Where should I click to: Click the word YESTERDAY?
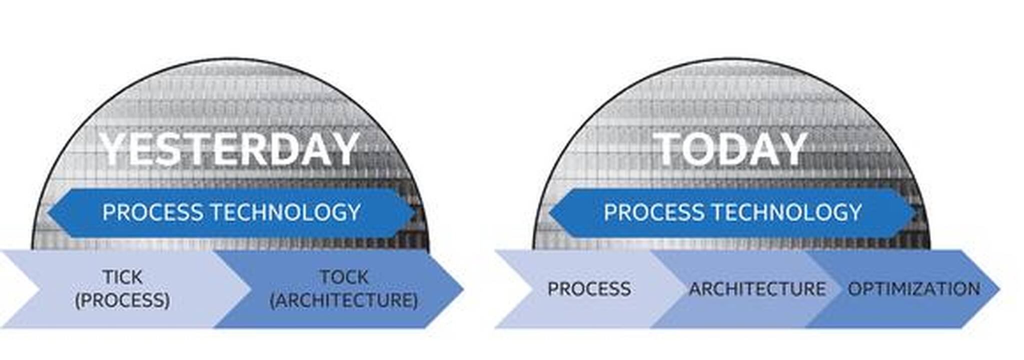(229, 148)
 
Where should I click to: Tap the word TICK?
(123, 277)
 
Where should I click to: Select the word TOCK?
(344, 277)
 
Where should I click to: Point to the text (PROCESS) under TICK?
(123, 300)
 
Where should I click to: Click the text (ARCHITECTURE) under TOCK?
(344, 300)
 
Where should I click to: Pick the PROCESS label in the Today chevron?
(589, 289)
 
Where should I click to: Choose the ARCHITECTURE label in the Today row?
(757, 289)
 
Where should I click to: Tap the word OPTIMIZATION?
(914, 289)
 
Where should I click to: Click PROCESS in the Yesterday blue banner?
(153, 212)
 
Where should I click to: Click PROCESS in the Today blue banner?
(654, 212)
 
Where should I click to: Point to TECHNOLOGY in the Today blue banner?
(787, 212)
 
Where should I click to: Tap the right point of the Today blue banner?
(916, 212)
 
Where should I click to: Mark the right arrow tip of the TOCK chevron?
(463, 289)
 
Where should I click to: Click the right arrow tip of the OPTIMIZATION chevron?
(998, 289)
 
